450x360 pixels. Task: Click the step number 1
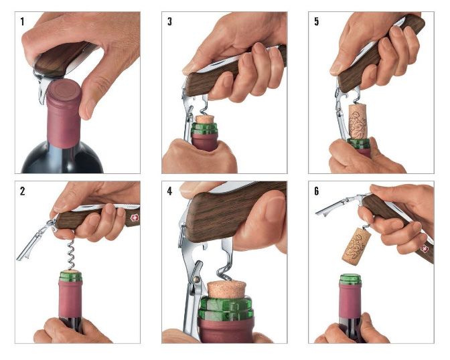[x=22, y=21]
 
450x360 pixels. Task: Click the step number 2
[x=23, y=191]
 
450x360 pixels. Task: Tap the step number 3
[x=169, y=21]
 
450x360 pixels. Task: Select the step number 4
[x=169, y=191]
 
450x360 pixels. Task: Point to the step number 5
[x=317, y=21]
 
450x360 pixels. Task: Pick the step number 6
[x=317, y=191]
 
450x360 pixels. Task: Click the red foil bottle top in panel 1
[x=64, y=113]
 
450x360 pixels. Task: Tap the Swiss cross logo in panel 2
[x=135, y=217]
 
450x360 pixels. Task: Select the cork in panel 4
[x=227, y=289]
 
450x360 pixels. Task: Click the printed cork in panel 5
[x=358, y=121]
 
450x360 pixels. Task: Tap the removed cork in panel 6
[x=356, y=246]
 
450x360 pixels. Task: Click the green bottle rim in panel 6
[x=350, y=279]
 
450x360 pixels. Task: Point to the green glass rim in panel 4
[x=226, y=308]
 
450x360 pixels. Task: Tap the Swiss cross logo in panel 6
[x=424, y=248]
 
